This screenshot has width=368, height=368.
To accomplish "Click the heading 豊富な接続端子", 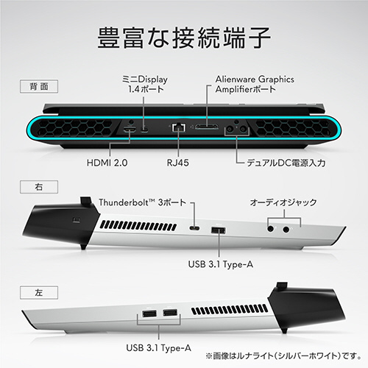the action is [184, 38].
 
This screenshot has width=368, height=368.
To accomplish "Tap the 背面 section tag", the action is [39, 86].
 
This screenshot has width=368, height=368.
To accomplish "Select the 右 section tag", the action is [39, 187].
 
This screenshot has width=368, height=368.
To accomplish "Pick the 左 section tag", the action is [39, 292].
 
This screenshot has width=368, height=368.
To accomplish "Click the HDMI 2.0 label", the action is [107, 163].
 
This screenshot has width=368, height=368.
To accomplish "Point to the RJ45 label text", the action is [178, 163].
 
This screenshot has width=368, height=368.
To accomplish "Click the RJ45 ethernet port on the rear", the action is [178, 127].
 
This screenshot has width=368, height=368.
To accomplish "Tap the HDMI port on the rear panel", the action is [130, 130].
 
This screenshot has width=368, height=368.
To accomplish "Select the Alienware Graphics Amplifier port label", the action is [255, 84].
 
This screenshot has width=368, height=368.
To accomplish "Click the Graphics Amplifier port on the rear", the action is [207, 127].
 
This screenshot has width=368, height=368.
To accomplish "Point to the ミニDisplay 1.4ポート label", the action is [145, 84].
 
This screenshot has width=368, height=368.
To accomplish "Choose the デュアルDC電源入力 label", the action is [286, 163].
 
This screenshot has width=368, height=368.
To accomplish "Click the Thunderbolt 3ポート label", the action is [143, 202].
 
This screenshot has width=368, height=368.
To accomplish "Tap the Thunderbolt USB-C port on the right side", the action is [194, 228].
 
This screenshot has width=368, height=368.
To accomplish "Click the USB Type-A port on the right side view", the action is [219, 230].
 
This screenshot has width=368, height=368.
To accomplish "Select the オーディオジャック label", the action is [283, 202].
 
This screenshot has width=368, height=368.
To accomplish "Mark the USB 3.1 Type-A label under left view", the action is [158, 348].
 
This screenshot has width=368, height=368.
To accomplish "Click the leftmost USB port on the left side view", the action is [149, 314].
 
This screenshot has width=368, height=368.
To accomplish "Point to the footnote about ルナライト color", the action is [283, 355].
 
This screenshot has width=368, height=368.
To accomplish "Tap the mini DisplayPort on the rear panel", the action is [144, 130].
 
